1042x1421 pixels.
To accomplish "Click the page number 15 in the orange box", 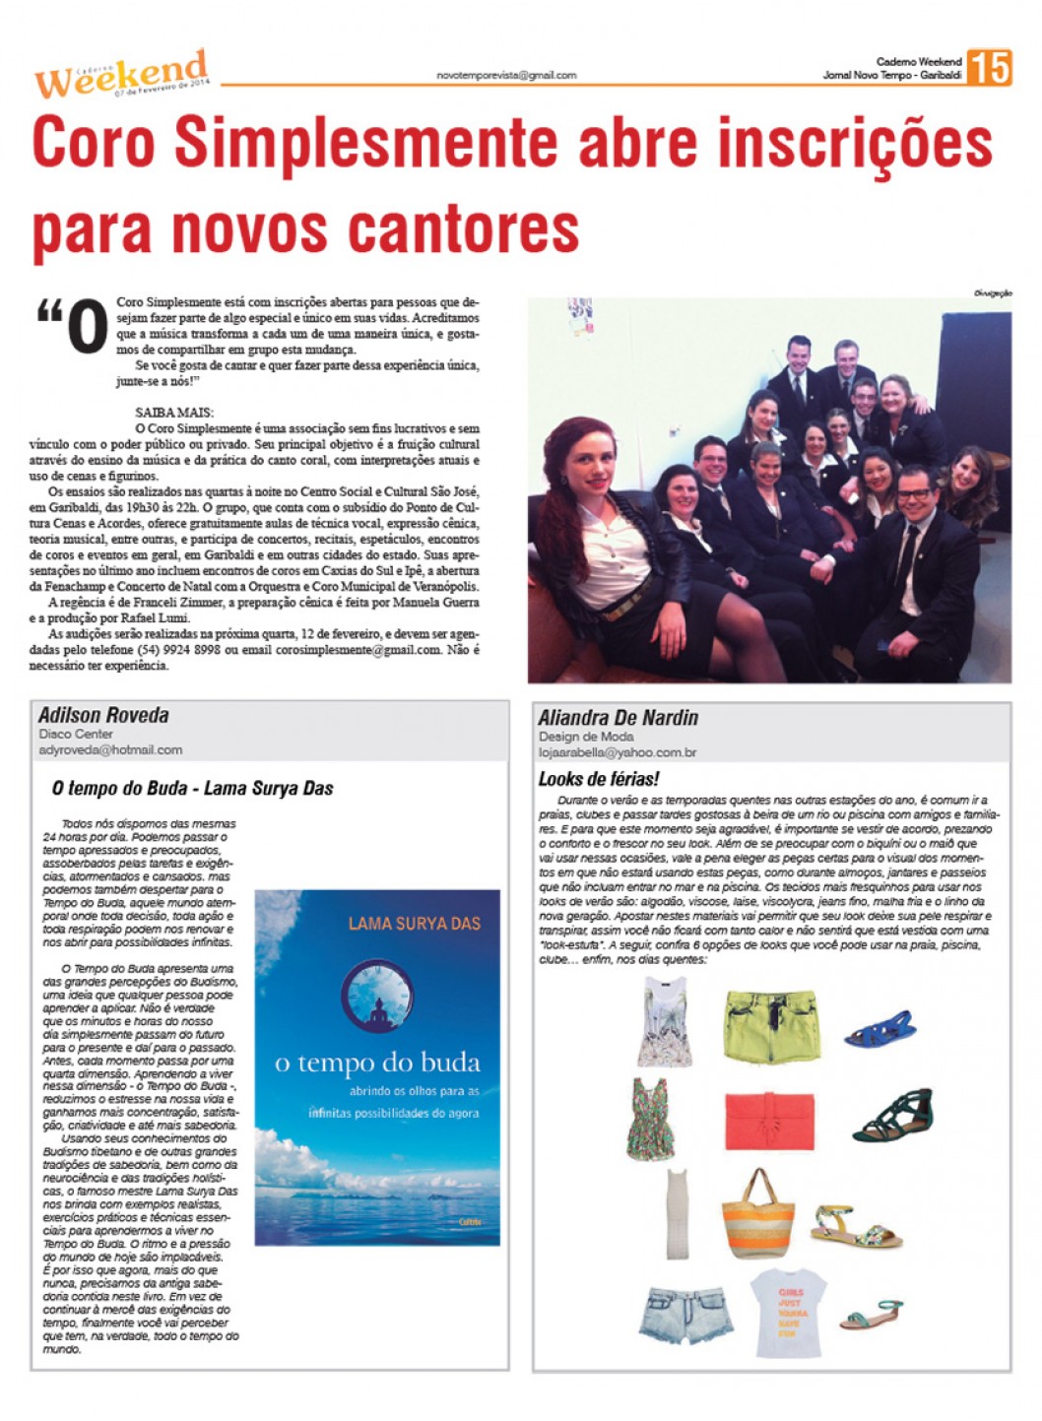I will [989, 68].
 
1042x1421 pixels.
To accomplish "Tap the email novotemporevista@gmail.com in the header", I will [506, 75].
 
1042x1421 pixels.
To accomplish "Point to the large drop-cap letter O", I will [87, 327].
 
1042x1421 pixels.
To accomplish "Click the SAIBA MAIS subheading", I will [173, 413].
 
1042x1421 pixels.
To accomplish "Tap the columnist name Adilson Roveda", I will [103, 715].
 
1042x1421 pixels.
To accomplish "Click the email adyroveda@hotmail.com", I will [110, 749].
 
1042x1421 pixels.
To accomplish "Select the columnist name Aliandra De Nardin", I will [618, 717].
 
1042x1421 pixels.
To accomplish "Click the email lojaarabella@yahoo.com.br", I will [617, 752].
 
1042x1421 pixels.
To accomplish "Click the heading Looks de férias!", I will [598, 779].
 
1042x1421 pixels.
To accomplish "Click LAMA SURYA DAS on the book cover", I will [414, 923].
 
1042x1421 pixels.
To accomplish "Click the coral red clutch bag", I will [769, 1121].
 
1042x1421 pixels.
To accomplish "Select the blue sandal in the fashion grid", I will [879, 1028].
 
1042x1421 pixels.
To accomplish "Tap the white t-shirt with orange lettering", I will [789, 1307].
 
